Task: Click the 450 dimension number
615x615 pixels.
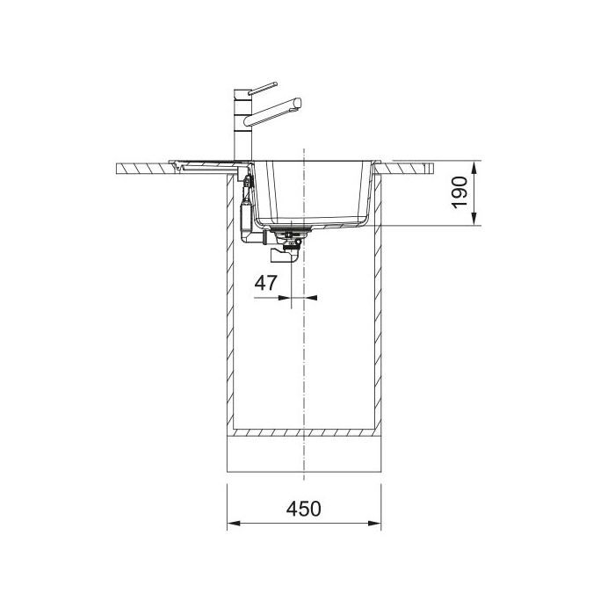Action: (303, 509)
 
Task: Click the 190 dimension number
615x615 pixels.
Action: (459, 192)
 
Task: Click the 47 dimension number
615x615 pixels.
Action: (265, 283)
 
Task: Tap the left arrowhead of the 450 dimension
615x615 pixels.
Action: (234, 524)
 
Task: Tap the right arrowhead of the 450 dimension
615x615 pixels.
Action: (374, 524)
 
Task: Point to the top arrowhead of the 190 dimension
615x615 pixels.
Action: (474, 168)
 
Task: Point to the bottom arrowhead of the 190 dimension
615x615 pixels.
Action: (474, 219)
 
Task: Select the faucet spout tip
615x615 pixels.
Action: (298, 103)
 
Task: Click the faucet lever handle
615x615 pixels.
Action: (263, 88)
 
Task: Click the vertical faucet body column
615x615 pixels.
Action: (242, 125)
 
